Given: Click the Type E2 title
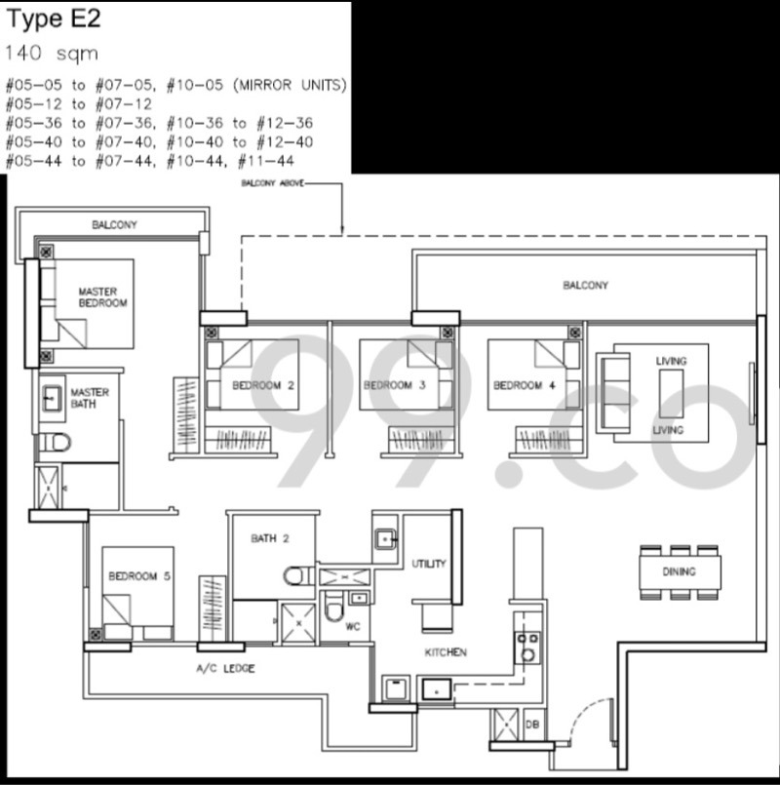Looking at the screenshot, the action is coord(54,20).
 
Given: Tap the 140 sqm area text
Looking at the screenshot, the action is coord(52,53).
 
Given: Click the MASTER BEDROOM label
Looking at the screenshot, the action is coord(102,296).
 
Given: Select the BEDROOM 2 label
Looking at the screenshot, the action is coord(263,385).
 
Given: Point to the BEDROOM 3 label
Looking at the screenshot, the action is coord(395,385).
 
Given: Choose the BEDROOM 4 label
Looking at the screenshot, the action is coord(525,385).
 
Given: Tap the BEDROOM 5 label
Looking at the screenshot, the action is coord(139,576).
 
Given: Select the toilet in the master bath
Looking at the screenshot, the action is coord(55,442).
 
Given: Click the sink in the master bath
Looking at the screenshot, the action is coord(52,399).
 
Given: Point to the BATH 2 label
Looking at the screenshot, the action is coord(270,538).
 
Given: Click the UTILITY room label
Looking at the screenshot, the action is coord(429,564).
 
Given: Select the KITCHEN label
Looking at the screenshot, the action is coord(446,652).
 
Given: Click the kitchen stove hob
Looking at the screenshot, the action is coord(527,648).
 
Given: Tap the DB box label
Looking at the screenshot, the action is coord(532,725).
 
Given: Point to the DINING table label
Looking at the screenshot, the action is coord(679,571).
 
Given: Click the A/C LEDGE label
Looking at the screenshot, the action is coord(225,668).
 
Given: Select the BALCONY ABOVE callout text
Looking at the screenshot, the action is coord(272,183).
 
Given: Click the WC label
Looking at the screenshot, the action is coord(352,627).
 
